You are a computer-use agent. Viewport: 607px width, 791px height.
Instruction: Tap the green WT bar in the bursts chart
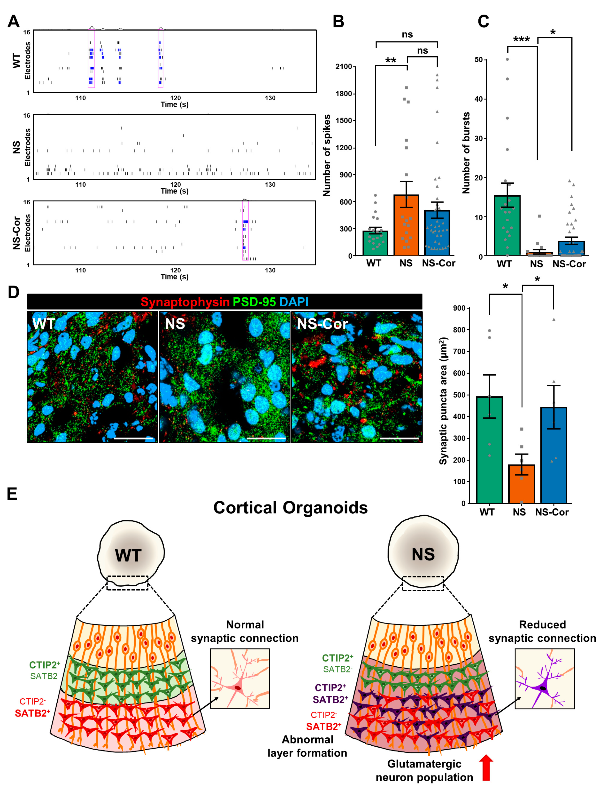(x=507, y=226)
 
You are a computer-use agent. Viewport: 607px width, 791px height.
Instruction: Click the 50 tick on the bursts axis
(x=478, y=59)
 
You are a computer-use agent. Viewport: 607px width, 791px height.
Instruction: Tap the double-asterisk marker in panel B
(x=391, y=60)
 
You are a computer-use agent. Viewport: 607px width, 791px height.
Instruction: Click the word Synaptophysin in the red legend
(x=185, y=302)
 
